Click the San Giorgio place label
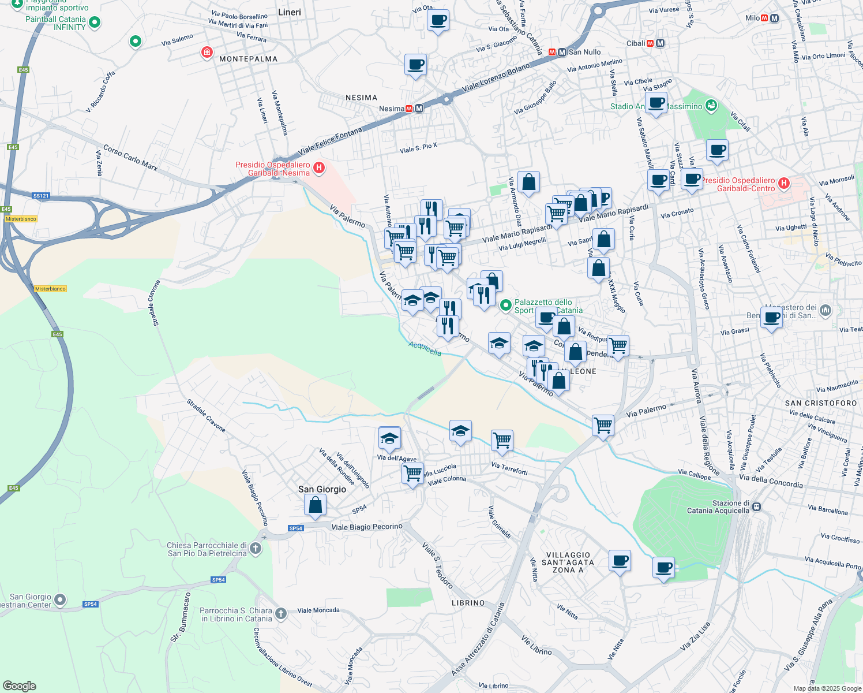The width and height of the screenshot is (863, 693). (x=322, y=489)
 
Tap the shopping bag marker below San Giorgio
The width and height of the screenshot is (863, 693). (x=316, y=505)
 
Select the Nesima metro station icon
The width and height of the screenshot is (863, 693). (x=419, y=109)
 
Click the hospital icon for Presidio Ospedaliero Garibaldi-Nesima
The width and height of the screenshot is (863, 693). (x=318, y=168)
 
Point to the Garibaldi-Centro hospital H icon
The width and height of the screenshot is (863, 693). (x=783, y=184)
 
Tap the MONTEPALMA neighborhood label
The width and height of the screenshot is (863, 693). (x=248, y=59)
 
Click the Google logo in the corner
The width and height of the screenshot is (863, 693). (x=20, y=685)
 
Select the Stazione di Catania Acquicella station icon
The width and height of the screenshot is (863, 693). (x=756, y=507)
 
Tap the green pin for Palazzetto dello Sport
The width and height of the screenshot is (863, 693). (x=506, y=305)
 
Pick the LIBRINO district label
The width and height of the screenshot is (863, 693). (x=468, y=603)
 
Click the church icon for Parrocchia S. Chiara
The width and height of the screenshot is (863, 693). (x=281, y=613)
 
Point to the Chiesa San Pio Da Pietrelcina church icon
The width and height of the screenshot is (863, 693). (x=256, y=549)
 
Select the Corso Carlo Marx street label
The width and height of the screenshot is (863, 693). (x=130, y=158)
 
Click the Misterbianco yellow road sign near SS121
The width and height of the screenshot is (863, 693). (x=21, y=219)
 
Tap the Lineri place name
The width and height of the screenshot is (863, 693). (x=289, y=12)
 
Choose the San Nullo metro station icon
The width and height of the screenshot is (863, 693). (x=561, y=52)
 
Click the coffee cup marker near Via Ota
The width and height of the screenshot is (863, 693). (x=438, y=20)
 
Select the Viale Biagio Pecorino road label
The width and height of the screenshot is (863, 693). (x=367, y=527)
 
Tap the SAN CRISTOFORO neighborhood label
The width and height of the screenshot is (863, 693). (x=821, y=403)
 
